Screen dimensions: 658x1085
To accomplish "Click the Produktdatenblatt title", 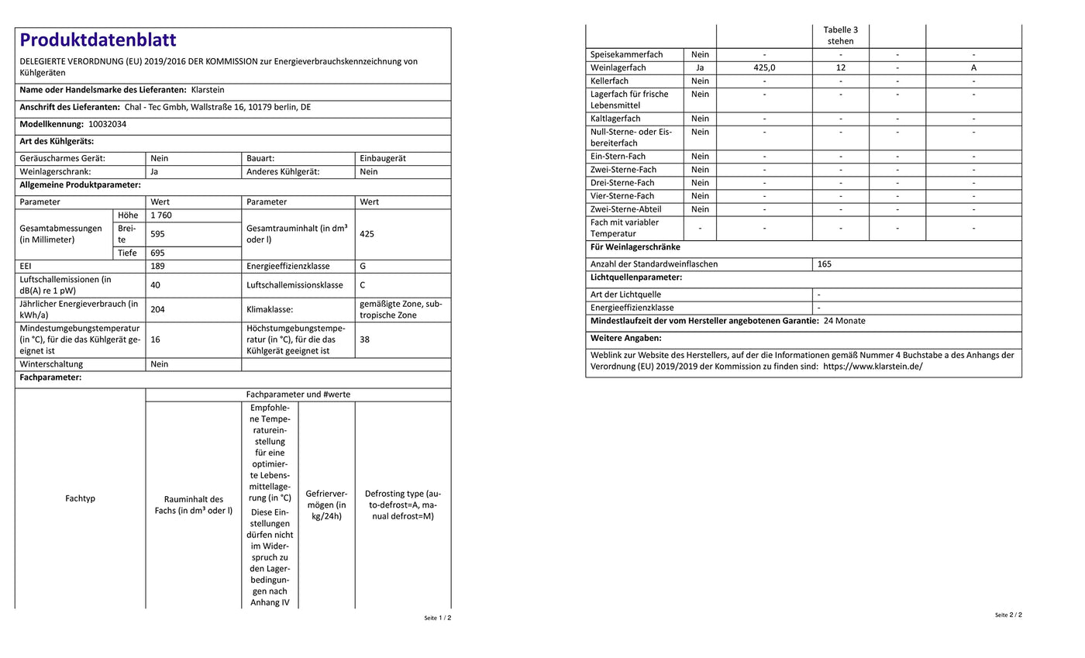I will pos(98,40).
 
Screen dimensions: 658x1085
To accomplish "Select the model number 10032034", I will pos(107,124).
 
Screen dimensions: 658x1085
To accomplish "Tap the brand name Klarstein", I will pos(207,90).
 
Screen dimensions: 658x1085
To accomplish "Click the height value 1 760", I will pos(161,215).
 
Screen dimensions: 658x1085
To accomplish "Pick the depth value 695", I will pos(157,253).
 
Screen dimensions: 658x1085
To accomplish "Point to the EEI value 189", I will pos(157,266).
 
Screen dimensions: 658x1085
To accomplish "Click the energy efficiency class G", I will pos(363,266).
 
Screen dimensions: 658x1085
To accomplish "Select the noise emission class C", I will pos(363,285).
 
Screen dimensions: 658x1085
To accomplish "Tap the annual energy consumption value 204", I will pos(157,309).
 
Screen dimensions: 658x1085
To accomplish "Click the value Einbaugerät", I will pos(382,158).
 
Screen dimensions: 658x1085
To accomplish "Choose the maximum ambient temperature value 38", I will pos(365,339).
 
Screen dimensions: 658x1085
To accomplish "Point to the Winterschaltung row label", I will pos(51,364).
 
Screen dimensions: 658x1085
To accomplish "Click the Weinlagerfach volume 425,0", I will pos(764,67).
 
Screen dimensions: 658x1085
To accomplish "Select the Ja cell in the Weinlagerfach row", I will pos(700,67).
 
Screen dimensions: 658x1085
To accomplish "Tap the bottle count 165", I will pos(825,264).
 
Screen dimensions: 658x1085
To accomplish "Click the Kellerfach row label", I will pos(609,81).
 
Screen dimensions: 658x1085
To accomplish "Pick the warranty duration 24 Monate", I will pos(844,321).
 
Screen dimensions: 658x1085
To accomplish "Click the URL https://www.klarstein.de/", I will pos(873,367).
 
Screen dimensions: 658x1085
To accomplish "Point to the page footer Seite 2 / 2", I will pos(1008,615).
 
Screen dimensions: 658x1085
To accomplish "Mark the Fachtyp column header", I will pos(81,498).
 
